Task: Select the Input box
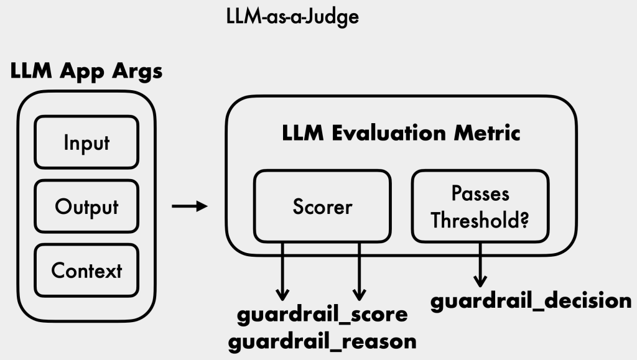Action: tap(86, 142)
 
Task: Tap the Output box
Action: tap(86, 207)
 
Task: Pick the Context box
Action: tap(86, 270)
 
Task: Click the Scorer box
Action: tap(322, 206)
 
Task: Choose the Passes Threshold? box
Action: tap(480, 206)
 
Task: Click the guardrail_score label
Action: tap(322, 315)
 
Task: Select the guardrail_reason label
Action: tap(322, 341)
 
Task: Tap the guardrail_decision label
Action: tap(531, 300)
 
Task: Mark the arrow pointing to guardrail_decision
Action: tap(480, 264)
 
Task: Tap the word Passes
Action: tap(480, 193)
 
